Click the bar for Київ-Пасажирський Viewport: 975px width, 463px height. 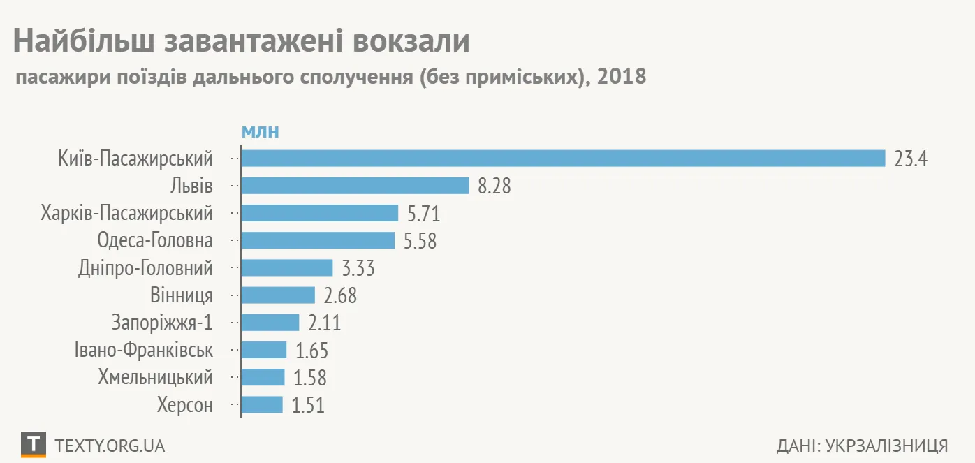coord(563,159)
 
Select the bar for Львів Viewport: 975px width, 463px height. coord(355,186)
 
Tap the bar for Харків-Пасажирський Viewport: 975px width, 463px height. coord(319,213)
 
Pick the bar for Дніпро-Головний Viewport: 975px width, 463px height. coord(286,268)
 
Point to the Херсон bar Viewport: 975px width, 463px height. coord(262,405)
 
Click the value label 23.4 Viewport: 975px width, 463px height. coord(910,159)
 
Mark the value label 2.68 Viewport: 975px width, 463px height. coord(340,295)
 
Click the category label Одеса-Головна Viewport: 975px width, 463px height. coord(155,241)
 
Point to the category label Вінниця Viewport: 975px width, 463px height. coord(182,295)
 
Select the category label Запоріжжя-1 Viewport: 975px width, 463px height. coord(162,323)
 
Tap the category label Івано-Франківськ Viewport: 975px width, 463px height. coord(143,350)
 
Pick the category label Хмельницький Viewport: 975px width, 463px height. coord(155,378)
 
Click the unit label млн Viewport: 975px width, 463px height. coord(260,132)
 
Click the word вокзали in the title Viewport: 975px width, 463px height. coord(411,41)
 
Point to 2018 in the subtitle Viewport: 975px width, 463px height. coord(622,77)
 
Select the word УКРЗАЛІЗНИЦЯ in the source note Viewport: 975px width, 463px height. coord(886,446)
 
